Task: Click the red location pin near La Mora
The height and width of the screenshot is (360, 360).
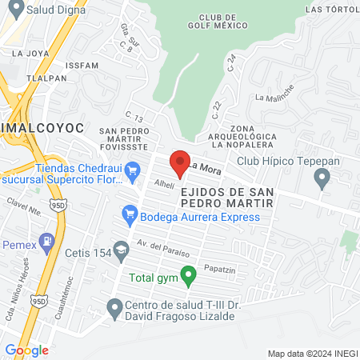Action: (x=181, y=162)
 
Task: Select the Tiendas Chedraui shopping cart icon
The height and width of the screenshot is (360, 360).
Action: (x=134, y=168)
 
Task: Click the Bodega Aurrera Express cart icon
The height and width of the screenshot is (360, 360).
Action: (x=128, y=214)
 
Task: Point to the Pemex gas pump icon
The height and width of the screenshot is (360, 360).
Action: (x=48, y=240)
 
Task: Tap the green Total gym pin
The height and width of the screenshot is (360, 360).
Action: (x=188, y=277)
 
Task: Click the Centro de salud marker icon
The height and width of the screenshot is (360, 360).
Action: (x=114, y=306)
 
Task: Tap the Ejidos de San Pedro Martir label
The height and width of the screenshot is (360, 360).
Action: (x=227, y=198)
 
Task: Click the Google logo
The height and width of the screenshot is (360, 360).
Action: (x=26, y=350)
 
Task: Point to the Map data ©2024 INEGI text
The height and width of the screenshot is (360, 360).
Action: (x=312, y=354)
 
